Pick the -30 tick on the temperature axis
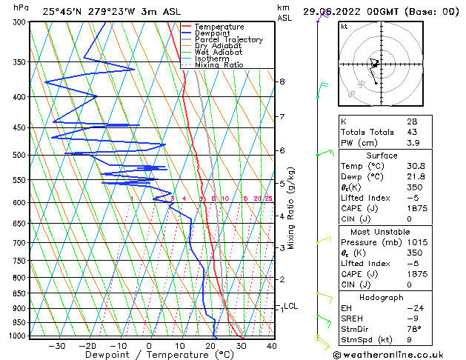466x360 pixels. coord(57,345)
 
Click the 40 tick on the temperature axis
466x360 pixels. coord(271,345)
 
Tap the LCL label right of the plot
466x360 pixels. coord(291,306)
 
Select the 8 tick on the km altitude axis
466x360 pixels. coord(282,81)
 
